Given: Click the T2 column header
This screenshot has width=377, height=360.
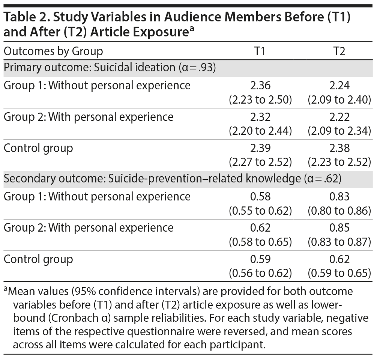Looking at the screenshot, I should tap(339, 51).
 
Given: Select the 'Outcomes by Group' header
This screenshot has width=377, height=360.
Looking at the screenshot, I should tap(53, 51).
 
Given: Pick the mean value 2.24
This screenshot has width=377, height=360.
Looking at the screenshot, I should tap(339, 86).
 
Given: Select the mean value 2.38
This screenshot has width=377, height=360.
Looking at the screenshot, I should tap(339, 148).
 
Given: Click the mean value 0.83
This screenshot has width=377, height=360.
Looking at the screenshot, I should tap(339, 196).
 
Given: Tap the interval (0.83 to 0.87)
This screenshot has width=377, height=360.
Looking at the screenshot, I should tap(339, 242).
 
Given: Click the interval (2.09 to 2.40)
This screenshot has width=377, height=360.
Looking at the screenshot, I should tap(339, 99).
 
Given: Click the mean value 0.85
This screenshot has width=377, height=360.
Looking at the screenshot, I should tap(339, 228).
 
